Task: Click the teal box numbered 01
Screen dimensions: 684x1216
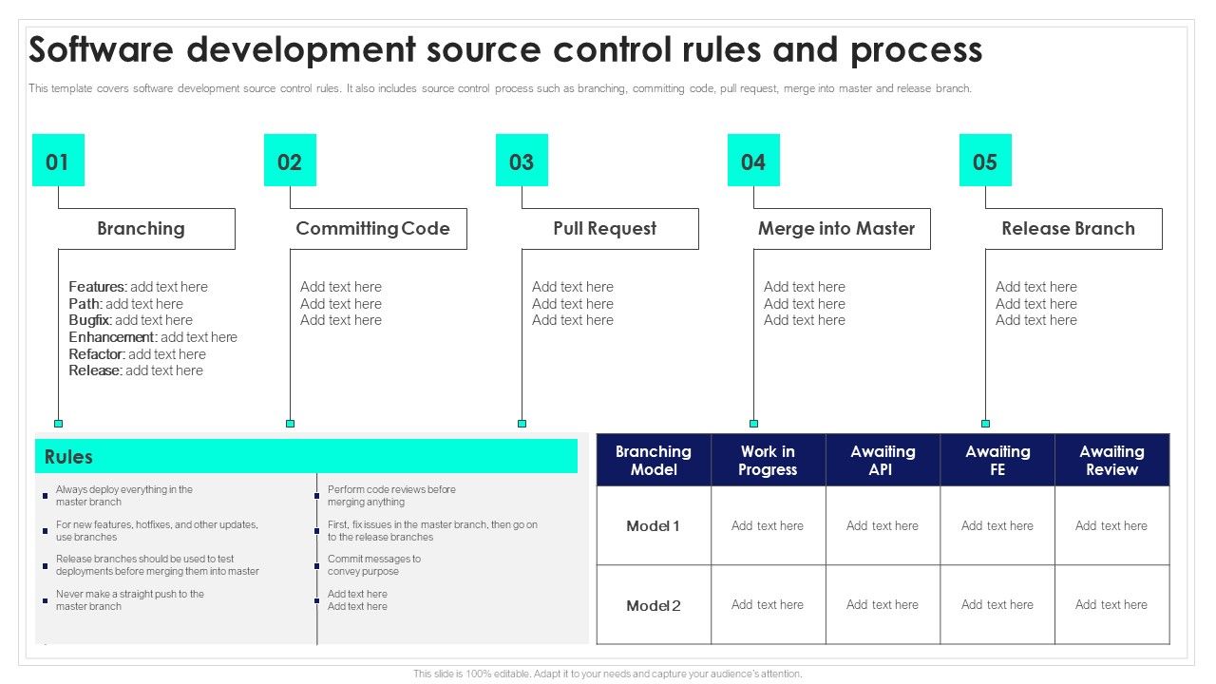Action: [58, 160]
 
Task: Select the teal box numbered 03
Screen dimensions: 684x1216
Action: [522, 160]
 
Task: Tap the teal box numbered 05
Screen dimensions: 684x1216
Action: [985, 160]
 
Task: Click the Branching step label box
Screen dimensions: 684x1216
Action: [141, 229]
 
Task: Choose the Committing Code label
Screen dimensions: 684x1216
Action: [372, 229]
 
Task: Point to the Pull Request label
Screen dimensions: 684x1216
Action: [604, 229]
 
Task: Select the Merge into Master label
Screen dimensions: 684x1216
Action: [836, 229]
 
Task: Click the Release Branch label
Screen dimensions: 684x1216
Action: [1068, 229]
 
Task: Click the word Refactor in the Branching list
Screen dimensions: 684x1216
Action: [96, 354]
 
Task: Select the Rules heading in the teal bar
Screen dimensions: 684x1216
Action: [68, 457]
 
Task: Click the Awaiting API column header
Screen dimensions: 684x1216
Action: [883, 461]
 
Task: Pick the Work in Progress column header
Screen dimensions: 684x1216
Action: [768, 461]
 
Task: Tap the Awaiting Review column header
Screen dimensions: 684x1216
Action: [1111, 461]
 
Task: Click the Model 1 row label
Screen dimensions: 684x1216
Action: [653, 526]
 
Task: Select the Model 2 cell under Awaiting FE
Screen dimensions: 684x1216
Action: [997, 605]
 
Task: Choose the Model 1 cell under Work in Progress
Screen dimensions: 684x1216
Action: [768, 526]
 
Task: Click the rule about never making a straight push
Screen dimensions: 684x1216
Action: [129, 600]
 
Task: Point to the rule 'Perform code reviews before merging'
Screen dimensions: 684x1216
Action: [391, 496]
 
